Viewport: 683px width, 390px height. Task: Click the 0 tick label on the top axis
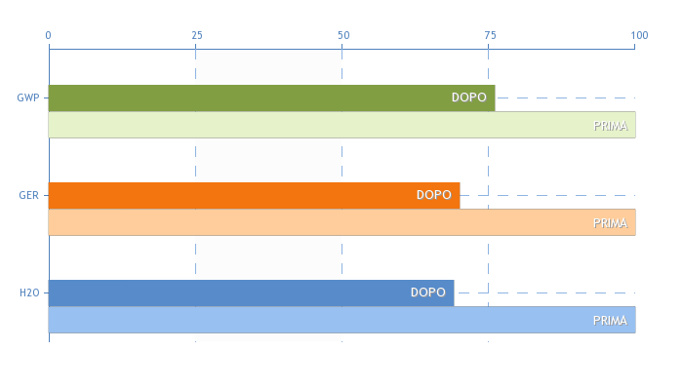[x=49, y=35]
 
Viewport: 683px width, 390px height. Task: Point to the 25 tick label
[x=197, y=35]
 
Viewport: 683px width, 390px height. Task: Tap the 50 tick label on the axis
[x=343, y=35]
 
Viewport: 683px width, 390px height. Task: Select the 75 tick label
[x=491, y=35]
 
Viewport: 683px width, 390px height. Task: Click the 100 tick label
[x=639, y=35]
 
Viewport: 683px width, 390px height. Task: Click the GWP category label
[x=28, y=97]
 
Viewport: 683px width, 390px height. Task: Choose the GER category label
[x=28, y=195]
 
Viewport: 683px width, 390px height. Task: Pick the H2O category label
[x=29, y=292]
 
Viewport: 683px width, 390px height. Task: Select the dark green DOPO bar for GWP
[x=272, y=97]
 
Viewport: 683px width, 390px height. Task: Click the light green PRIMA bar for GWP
[x=341, y=125]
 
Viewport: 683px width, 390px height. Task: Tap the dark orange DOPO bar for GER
[x=254, y=195]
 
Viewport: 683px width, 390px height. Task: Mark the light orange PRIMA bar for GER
[x=341, y=222]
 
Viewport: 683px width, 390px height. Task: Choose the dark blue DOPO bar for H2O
[x=252, y=292]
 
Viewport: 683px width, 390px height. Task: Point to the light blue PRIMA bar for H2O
[x=341, y=320]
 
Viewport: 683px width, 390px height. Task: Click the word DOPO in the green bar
[x=469, y=97]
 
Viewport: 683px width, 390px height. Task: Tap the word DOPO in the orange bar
[x=434, y=195]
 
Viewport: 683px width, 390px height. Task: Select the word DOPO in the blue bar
[x=428, y=292]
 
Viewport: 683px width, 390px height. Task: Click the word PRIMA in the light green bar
[x=610, y=126]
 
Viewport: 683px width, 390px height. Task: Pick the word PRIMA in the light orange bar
[x=610, y=223]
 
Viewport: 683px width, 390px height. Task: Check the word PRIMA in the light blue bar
[x=610, y=321]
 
